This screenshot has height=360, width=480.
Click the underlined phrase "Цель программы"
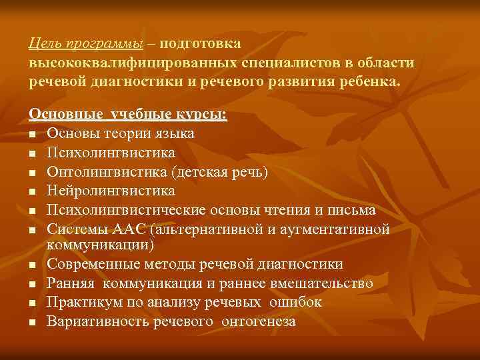86,44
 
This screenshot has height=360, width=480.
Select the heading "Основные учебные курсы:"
128,115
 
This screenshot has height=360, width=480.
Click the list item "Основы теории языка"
121,134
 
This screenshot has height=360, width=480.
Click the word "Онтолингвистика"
107,172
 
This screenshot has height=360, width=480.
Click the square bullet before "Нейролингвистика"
33,192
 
